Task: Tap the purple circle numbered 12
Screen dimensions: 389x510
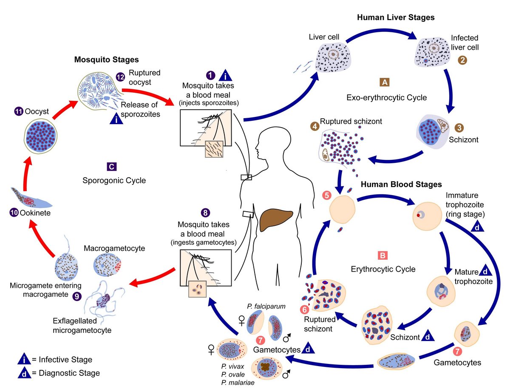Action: [x=119, y=77]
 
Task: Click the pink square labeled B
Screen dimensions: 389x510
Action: [x=382, y=256]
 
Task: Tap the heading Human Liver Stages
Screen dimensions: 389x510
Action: [x=396, y=18]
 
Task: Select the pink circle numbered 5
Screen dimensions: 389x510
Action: [x=326, y=196]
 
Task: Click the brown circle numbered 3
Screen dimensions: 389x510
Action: [x=459, y=128]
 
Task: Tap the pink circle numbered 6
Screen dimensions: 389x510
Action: [x=304, y=310]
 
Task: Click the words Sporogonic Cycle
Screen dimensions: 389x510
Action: [x=114, y=180]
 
